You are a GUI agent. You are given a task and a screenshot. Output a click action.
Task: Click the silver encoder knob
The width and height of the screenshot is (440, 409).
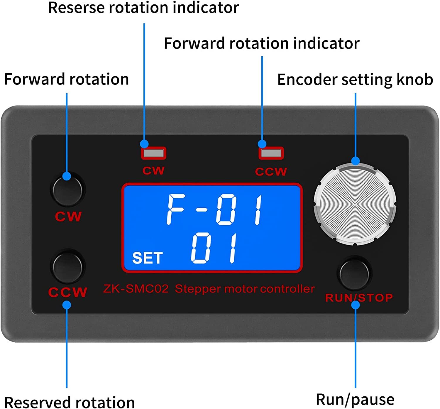(x=355, y=204)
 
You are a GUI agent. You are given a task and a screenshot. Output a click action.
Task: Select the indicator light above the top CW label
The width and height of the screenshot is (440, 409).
(x=153, y=153)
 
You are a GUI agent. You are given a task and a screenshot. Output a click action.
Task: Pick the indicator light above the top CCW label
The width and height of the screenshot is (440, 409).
(x=271, y=153)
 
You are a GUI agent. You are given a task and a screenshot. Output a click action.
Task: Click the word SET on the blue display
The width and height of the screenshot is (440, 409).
(x=148, y=258)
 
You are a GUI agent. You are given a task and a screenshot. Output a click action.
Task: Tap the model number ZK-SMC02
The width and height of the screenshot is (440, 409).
(x=136, y=289)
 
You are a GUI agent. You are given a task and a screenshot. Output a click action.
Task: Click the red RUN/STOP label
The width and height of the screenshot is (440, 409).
(x=359, y=298)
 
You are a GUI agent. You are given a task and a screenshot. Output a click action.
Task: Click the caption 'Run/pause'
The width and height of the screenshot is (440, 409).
(x=355, y=400)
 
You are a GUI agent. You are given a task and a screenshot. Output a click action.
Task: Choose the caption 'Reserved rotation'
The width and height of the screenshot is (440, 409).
(x=69, y=402)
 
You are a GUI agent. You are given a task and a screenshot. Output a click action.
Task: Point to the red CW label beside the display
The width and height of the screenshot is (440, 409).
(x=68, y=217)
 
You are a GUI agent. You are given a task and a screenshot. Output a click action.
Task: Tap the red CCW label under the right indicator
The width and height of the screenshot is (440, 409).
(x=271, y=172)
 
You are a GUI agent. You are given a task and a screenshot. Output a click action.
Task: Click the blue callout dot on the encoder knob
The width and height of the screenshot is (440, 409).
(x=355, y=161)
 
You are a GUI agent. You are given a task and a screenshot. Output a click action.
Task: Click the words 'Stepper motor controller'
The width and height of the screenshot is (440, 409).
(x=245, y=289)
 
